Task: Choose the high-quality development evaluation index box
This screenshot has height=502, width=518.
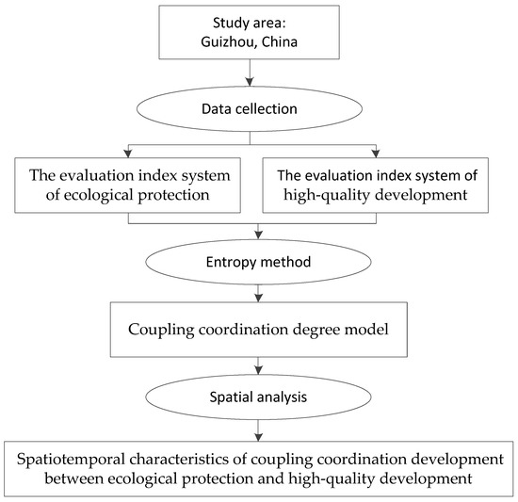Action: (x=376, y=185)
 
